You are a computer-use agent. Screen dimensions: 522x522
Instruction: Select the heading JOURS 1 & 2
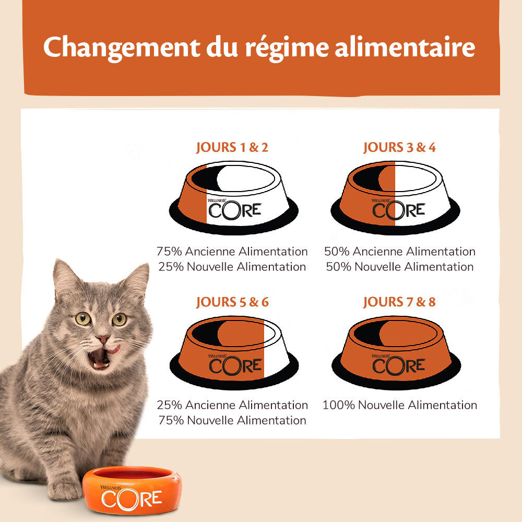click(x=232, y=147)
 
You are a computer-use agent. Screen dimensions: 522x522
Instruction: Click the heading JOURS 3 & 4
click(x=399, y=147)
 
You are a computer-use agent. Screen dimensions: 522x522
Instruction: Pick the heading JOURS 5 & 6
click(x=232, y=302)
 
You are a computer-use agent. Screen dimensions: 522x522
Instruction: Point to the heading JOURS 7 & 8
click(x=399, y=302)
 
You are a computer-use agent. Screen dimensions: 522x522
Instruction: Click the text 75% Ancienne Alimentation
click(x=232, y=252)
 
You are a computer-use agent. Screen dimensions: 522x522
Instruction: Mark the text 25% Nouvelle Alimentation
click(x=232, y=267)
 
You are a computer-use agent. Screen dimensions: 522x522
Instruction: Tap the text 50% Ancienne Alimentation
click(x=400, y=252)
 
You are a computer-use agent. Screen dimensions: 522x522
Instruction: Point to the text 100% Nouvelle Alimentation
click(x=400, y=405)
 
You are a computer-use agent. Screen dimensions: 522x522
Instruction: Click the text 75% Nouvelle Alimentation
click(x=232, y=420)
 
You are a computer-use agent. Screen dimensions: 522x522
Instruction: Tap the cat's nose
click(x=102, y=339)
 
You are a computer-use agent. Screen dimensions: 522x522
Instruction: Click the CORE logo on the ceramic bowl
click(x=132, y=499)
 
